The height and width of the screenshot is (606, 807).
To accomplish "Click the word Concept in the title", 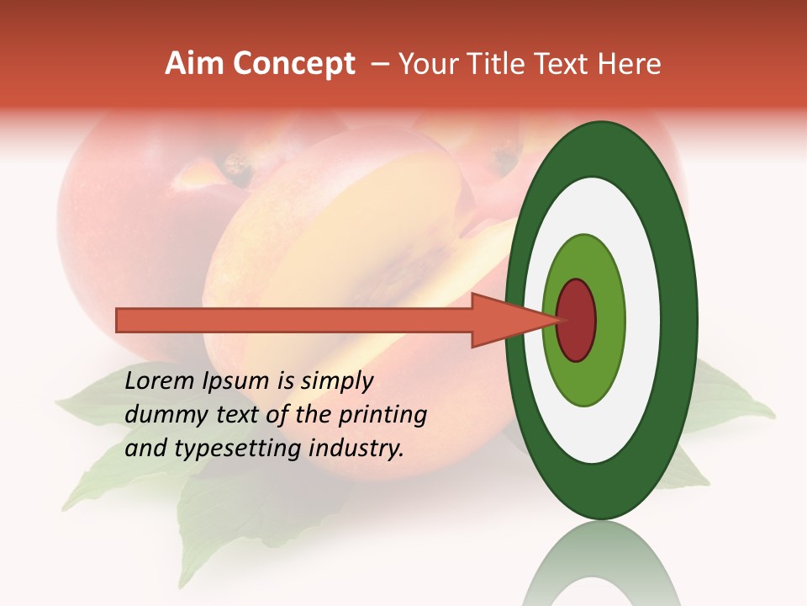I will [x=294, y=64].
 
